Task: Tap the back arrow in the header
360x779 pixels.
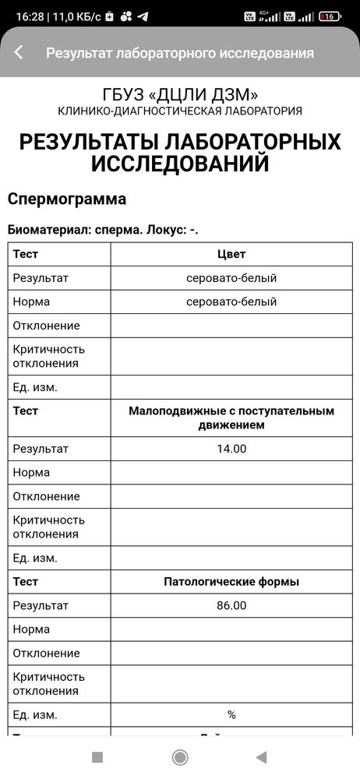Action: [x=19, y=52]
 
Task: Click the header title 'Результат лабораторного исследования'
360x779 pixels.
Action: [x=180, y=53]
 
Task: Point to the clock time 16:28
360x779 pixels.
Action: [x=29, y=16]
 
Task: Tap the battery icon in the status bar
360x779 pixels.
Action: [x=330, y=16]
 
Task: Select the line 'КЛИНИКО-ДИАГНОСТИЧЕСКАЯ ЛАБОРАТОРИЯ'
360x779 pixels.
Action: [x=180, y=111]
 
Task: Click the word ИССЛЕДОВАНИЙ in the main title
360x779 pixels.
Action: [x=180, y=164]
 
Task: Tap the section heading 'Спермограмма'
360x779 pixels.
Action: [x=67, y=199]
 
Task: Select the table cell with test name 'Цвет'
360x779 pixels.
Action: [x=231, y=254]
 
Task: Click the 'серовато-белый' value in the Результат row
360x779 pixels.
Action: [x=231, y=278]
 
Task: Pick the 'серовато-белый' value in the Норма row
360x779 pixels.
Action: [x=231, y=301]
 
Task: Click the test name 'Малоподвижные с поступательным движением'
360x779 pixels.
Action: [x=231, y=418]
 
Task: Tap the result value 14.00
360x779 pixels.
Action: [x=231, y=449]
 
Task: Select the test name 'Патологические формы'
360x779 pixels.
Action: [x=231, y=582]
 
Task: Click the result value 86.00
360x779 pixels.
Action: [x=231, y=605]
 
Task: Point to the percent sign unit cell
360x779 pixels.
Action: [x=231, y=714]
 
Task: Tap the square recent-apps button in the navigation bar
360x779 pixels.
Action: [x=97, y=757]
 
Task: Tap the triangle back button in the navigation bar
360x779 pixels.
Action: [x=262, y=757]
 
